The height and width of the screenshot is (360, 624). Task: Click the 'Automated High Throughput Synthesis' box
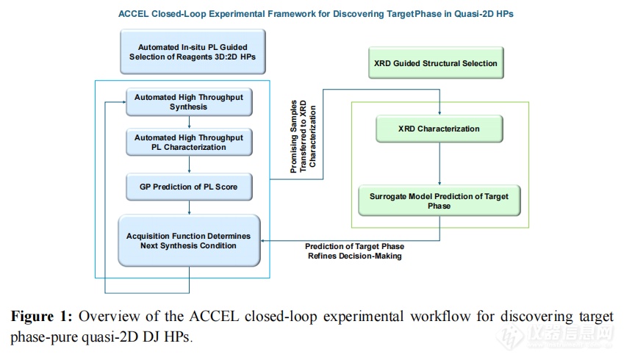[189, 102]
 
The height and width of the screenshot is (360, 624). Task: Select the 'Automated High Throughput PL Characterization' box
[189, 142]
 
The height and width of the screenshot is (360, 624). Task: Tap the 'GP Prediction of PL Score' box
[189, 187]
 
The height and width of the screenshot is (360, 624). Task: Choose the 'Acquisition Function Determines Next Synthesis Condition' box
[189, 241]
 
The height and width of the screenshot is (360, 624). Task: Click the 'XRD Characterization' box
[440, 129]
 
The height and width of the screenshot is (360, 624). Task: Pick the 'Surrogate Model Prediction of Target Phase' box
[440, 201]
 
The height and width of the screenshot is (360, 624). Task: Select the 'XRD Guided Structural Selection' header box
[436, 63]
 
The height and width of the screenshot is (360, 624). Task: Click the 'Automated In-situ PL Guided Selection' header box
[193, 51]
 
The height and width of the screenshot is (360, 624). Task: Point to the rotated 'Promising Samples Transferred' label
[303, 136]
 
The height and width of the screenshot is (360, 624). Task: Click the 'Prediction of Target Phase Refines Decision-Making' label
[354, 251]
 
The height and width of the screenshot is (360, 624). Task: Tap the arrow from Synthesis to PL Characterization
[189, 122]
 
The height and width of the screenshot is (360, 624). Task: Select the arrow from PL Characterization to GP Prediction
[189, 165]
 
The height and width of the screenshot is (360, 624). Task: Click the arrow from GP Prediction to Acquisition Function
[189, 208]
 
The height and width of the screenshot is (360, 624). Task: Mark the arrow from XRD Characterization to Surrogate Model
[440, 164]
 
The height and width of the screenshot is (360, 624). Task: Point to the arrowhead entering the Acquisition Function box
[262, 241]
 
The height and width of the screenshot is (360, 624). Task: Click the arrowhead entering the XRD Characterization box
[440, 113]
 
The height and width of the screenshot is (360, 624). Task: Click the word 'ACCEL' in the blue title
[134, 14]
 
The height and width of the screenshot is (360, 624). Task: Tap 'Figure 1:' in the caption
[41, 316]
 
